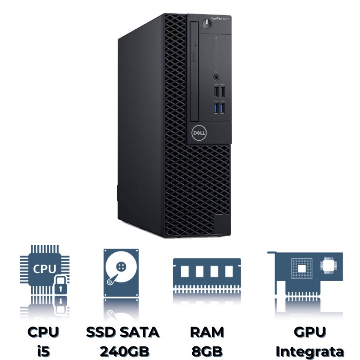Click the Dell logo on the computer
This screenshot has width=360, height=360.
[199, 133]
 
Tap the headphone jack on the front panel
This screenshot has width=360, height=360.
[216, 78]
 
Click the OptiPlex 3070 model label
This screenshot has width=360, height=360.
[220, 19]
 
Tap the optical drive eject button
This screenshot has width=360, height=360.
[195, 57]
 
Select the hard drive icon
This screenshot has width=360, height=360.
[121, 272]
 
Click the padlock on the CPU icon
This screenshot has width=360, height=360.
[61, 285]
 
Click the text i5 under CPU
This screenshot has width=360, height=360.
[43, 351]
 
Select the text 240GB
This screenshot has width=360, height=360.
[125, 351]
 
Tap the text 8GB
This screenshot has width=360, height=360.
[207, 351]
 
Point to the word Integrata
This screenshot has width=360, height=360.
[310, 351]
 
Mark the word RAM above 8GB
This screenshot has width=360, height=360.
[207, 332]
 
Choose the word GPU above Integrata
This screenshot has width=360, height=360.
[310, 332]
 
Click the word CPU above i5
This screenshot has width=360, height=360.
[43, 332]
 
